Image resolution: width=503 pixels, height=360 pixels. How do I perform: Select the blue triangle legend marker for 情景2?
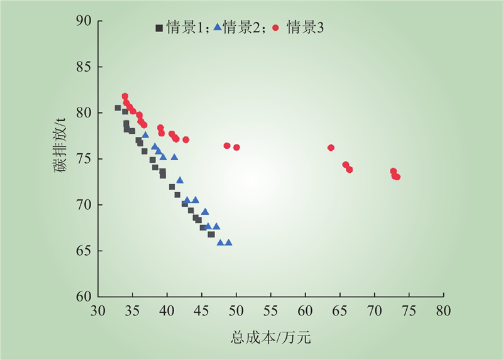point(218,28)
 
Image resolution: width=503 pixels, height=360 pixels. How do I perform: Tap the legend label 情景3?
point(305,28)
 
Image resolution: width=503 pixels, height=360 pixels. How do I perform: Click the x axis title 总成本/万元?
point(270,338)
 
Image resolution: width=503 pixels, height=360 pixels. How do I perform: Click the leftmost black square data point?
point(118,108)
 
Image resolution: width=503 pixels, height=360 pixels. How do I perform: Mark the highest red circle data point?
point(125,96)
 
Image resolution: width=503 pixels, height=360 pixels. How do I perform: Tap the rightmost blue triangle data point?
point(229,243)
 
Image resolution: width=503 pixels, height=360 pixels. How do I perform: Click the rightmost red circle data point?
point(397,177)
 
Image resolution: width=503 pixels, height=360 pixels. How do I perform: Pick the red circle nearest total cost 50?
point(236,148)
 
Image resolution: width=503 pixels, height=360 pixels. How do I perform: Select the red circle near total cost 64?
point(331,148)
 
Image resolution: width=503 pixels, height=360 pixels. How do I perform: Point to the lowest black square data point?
point(211,234)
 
